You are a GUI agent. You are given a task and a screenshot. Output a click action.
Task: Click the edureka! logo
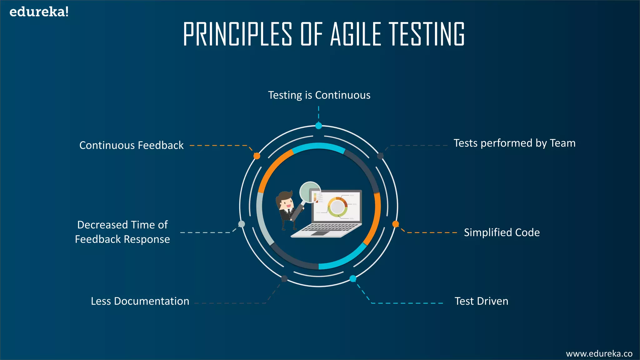pyautogui.click(x=39, y=12)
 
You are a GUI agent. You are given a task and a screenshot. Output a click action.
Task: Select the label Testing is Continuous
pyautogui.click(x=319, y=95)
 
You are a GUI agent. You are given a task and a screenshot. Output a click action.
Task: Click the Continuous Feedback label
pyautogui.click(x=131, y=145)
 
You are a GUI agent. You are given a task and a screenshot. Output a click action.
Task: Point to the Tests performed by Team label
pyautogui.click(x=514, y=143)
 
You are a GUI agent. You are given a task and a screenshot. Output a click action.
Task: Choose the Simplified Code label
pyautogui.click(x=502, y=232)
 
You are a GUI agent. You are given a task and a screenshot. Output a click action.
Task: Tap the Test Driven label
pyautogui.click(x=481, y=301)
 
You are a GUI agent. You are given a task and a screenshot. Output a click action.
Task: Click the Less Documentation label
pyautogui.click(x=140, y=301)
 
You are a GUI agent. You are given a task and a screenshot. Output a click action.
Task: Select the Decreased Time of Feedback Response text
pyautogui.click(x=122, y=232)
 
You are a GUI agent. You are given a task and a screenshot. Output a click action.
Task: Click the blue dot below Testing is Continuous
pyautogui.click(x=318, y=126)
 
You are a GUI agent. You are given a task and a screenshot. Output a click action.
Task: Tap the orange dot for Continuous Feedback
pyautogui.click(x=257, y=156)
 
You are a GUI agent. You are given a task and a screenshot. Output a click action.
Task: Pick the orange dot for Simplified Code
pyautogui.click(x=396, y=224)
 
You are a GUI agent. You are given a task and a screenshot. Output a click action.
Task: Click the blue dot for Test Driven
pyautogui.click(x=353, y=278)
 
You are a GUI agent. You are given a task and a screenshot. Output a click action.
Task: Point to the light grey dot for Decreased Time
pyautogui.click(x=242, y=224)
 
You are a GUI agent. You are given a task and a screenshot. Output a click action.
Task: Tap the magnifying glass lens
pyautogui.click(x=309, y=192)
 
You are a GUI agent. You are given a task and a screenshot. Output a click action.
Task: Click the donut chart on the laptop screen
pyautogui.click(x=337, y=207)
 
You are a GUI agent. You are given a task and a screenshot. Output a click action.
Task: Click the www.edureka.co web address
pyautogui.click(x=599, y=354)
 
